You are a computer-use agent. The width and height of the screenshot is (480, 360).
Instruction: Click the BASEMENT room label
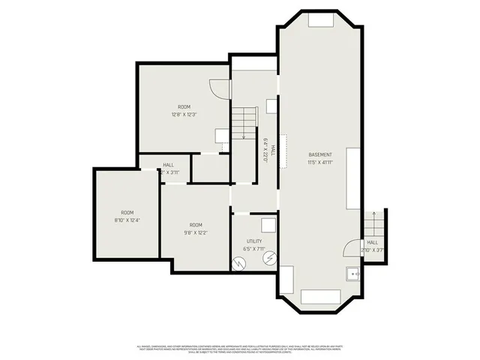[x=319, y=154]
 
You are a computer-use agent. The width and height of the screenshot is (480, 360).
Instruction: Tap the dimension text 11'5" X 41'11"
[x=319, y=162]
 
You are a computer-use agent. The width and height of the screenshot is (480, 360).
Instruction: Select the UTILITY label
[x=254, y=241]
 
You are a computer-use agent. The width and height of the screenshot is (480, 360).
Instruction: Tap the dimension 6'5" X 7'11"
[x=254, y=249]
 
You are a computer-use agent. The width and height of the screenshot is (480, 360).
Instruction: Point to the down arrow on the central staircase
[x=244, y=136]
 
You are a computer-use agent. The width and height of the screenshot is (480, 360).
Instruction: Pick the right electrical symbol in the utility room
[x=268, y=258]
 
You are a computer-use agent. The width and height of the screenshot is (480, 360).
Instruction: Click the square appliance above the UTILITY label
[x=267, y=225]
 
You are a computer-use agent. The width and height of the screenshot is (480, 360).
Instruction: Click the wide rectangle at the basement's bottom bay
[x=320, y=296]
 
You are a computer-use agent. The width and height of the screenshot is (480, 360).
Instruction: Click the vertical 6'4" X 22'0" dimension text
[x=265, y=152]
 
